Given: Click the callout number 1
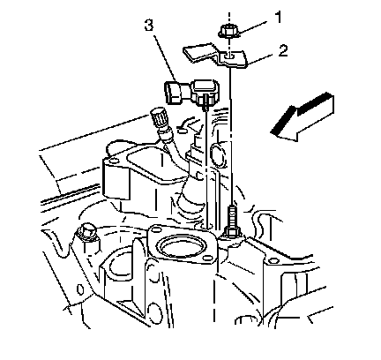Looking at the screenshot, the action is click(x=278, y=18).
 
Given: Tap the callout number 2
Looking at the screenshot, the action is click(x=283, y=51).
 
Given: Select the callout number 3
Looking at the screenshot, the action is click(x=149, y=26).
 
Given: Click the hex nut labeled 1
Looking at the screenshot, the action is click(x=228, y=32).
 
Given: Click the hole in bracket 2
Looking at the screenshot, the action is click(x=229, y=55).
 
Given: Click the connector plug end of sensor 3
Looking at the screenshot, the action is click(x=173, y=93).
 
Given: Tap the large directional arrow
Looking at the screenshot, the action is click(x=303, y=117).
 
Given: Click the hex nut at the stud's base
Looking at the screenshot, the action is click(x=232, y=232).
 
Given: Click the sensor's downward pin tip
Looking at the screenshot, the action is click(x=206, y=109).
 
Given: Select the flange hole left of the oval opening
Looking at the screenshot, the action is click(x=155, y=229).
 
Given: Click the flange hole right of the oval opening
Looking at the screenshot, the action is click(x=207, y=259).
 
